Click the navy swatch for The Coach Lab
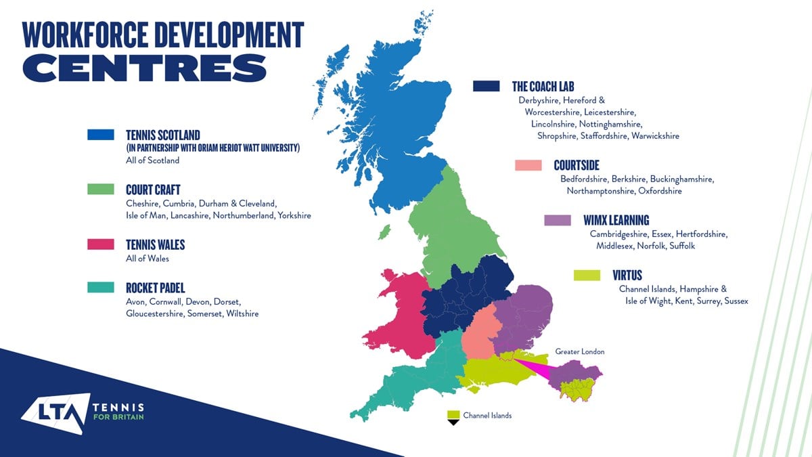point(486,86)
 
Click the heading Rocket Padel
point(155,288)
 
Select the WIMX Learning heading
point(616,220)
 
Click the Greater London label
point(579,352)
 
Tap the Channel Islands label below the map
point(487,415)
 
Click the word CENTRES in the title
point(144,68)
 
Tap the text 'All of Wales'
point(147,259)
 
